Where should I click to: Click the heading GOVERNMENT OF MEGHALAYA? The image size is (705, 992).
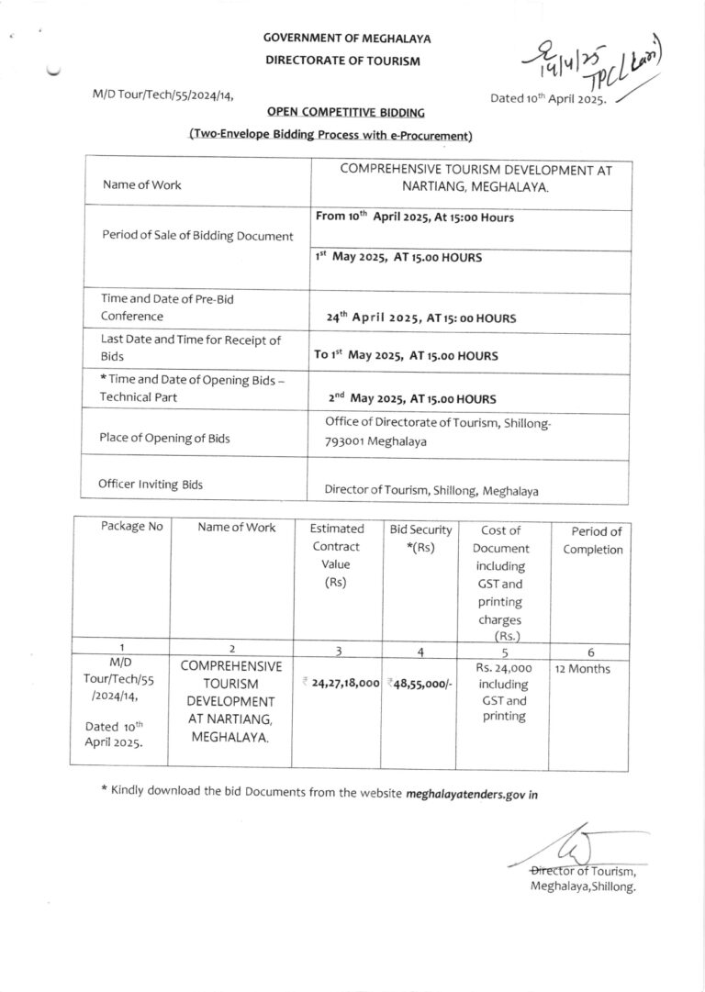347,39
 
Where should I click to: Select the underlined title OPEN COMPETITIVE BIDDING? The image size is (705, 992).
346,113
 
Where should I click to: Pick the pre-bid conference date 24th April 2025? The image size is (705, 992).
421,318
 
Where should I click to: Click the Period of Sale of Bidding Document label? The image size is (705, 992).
197,236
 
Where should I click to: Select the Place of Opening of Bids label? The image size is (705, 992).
166,438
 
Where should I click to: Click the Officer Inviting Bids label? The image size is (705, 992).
151,484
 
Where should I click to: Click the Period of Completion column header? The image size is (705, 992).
596,541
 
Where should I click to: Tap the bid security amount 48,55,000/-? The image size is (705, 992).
420,683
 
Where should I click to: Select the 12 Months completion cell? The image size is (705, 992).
582,670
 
